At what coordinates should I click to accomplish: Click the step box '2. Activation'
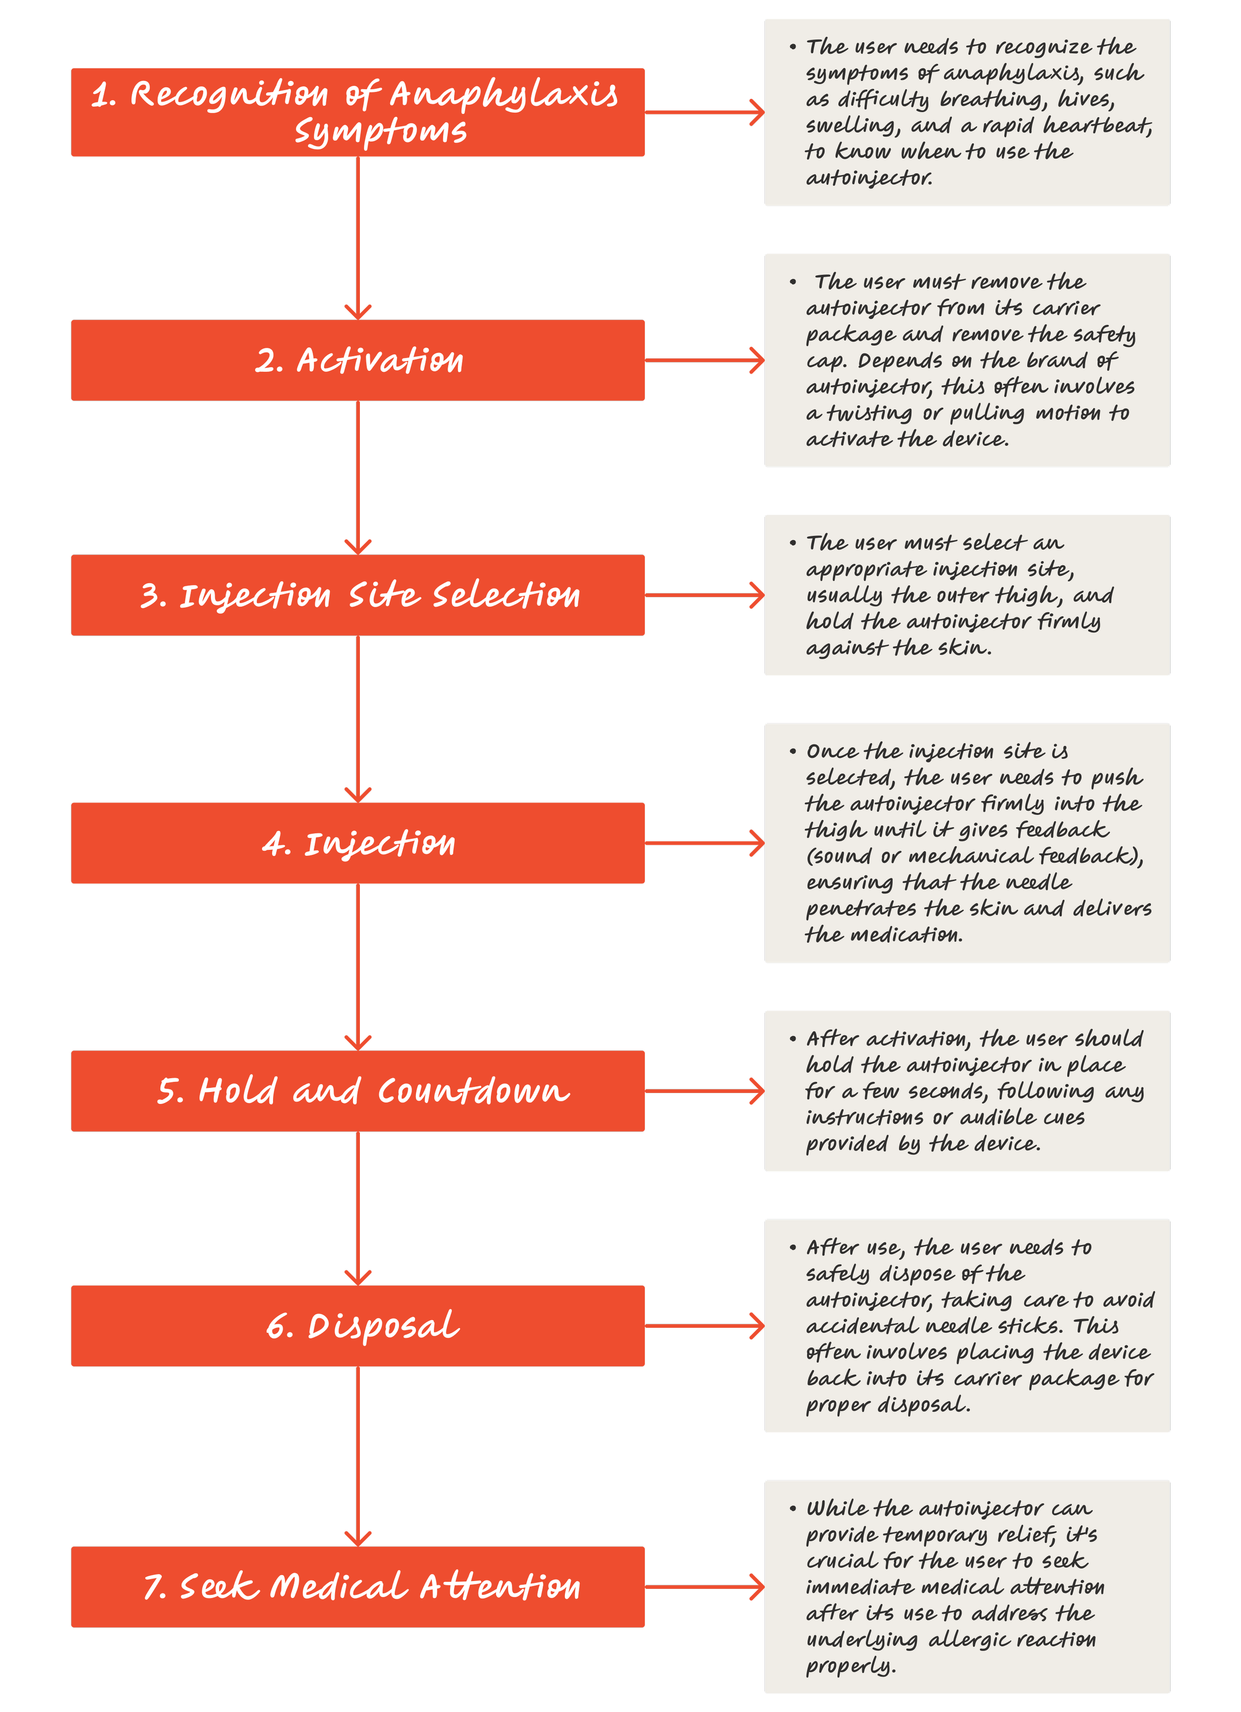pyautogui.click(x=358, y=360)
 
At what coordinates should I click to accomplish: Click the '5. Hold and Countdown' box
pyautogui.click(x=358, y=1091)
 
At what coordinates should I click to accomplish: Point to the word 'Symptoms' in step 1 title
pyautogui.click(x=380, y=132)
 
